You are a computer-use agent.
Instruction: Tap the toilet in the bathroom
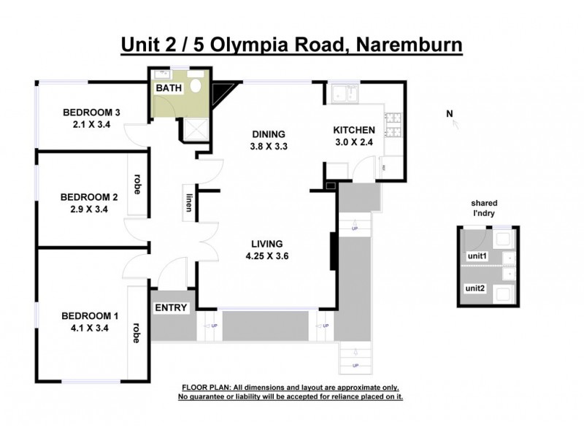pos(195,86)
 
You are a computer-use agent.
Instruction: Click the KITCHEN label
pos(354,130)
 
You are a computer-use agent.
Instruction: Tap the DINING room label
pos(267,134)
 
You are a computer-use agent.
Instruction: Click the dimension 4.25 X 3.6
pos(267,255)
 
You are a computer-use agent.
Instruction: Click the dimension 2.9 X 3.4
pos(89,209)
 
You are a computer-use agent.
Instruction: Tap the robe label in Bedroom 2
pos(137,183)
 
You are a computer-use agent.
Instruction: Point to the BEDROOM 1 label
pos(89,315)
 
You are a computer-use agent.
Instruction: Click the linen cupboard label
pos(188,201)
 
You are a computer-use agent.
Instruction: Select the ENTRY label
pos(172,308)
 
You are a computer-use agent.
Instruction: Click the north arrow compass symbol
pos(454,120)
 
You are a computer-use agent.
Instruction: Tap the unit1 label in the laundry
pos(477,257)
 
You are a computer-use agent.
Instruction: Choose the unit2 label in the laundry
pos(477,288)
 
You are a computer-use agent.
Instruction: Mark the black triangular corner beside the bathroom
pos(220,92)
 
